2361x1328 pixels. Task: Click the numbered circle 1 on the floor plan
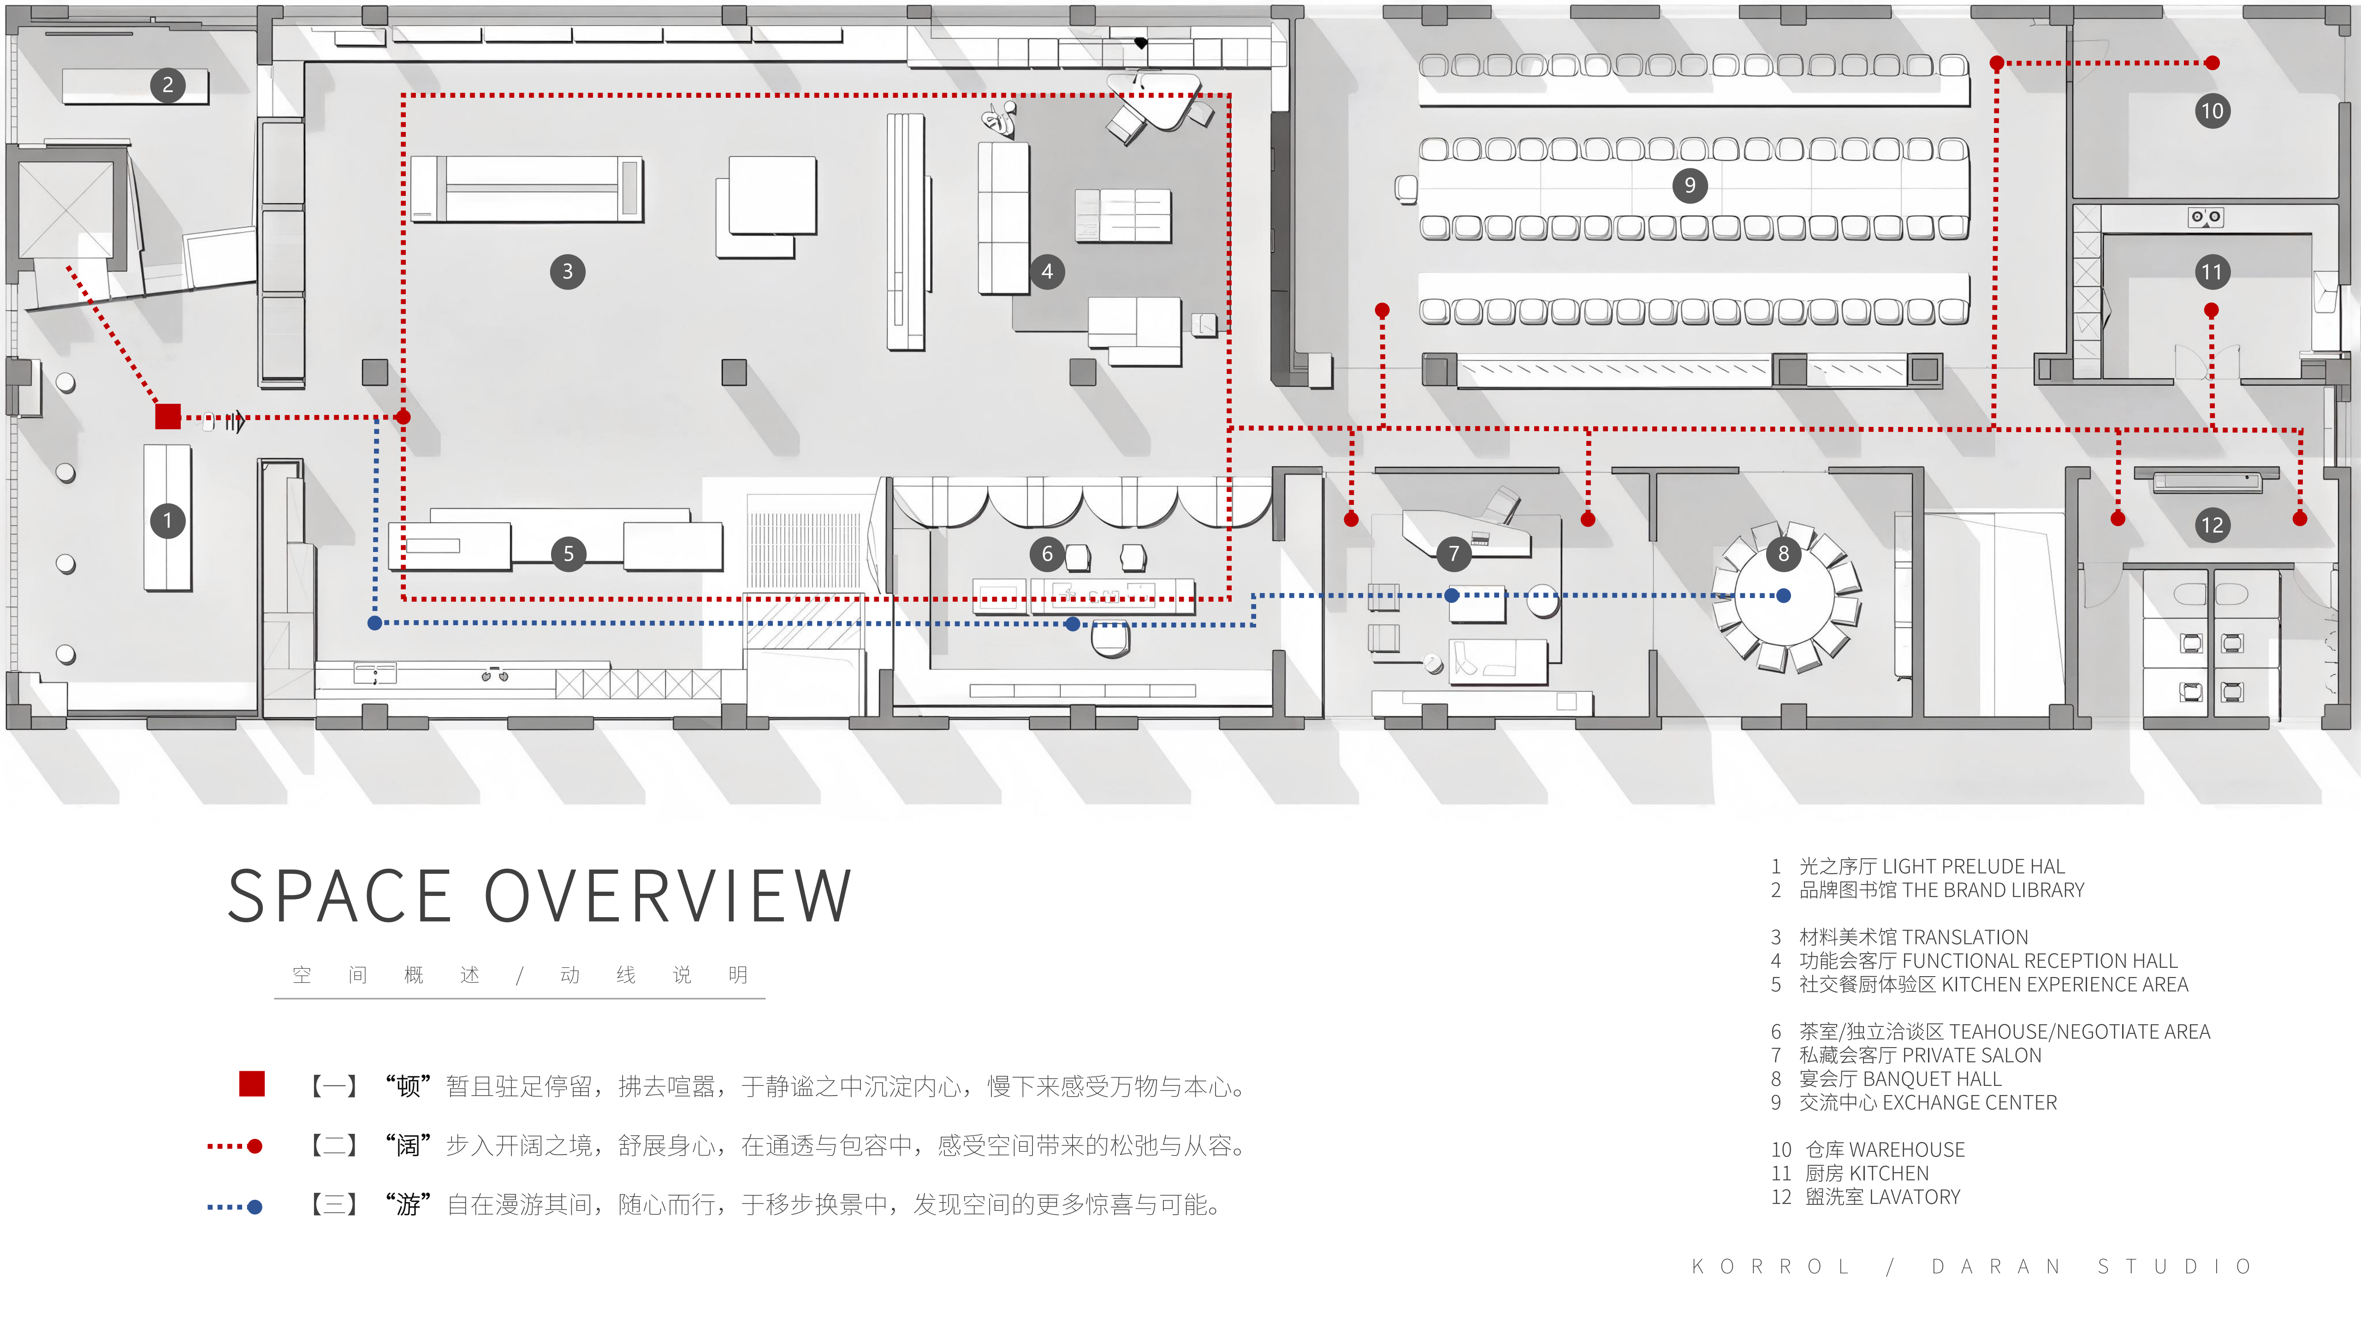pos(168,521)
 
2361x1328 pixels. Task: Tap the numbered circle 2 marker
pos(168,85)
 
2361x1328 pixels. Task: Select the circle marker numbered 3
pos(567,271)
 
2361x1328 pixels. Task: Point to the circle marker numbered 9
pos(1689,185)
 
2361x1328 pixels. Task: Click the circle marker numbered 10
pos(2212,111)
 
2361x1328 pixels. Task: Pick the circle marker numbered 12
pos(2212,525)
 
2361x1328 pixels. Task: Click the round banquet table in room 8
pos(1784,597)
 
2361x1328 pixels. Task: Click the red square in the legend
pos(252,1083)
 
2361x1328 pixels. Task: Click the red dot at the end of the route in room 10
pos(2212,63)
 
